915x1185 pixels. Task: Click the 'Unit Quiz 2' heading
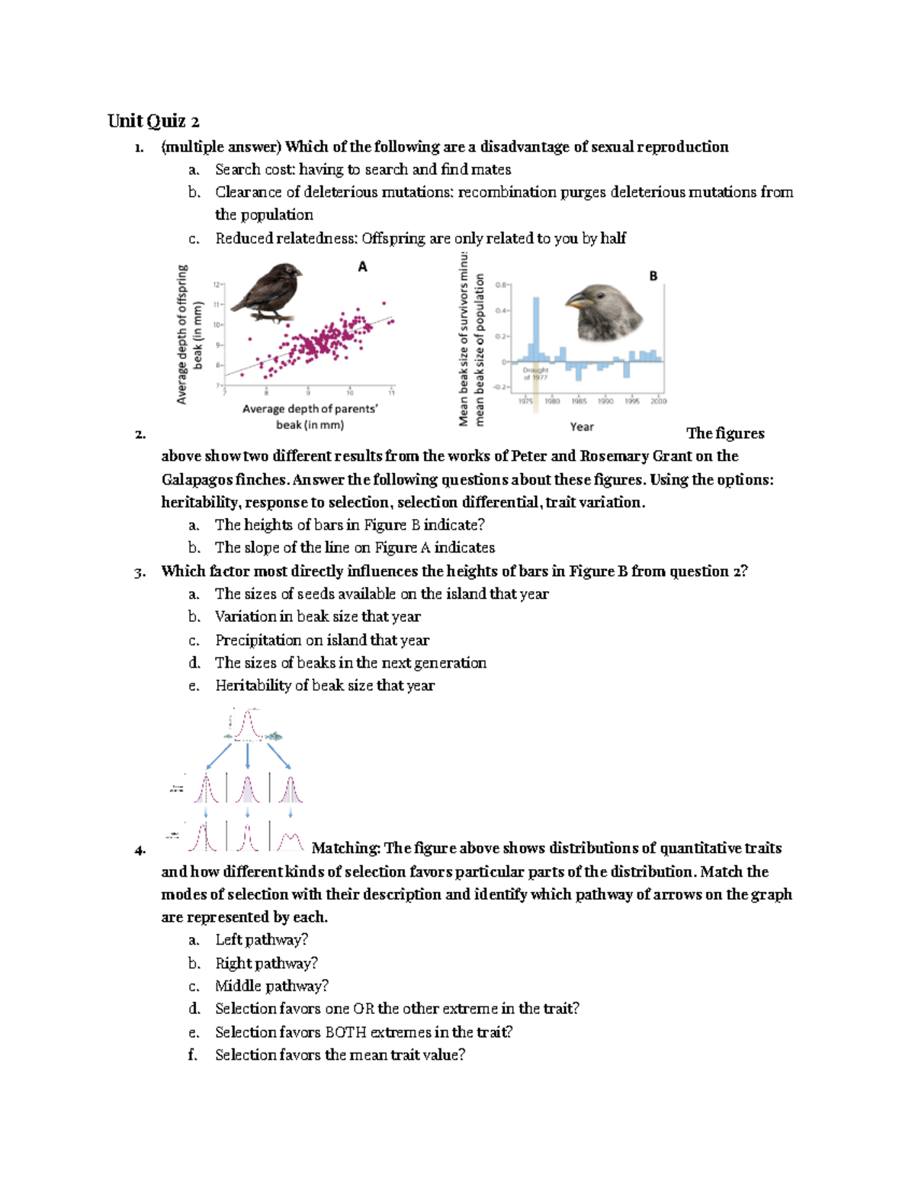point(153,121)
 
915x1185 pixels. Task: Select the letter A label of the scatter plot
point(362,266)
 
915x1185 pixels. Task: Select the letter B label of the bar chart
point(653,276)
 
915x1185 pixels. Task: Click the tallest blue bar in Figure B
point(536,328)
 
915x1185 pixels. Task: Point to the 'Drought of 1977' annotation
point(535,373)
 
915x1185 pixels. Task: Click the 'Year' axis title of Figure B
point(582,427)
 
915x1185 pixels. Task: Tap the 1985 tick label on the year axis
point(579,401)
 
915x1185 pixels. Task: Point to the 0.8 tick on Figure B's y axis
point(501,285)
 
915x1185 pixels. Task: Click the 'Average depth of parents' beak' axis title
point(310,417)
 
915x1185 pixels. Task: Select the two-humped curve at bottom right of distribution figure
point(290,842)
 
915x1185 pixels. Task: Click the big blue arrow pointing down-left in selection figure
point(219,756)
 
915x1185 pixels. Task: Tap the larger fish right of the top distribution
point(274,736)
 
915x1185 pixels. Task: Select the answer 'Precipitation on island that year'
point(322,639)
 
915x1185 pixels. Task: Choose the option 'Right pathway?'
point(266,963)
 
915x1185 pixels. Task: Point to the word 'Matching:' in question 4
point(345,848)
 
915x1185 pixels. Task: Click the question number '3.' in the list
point(140,572)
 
